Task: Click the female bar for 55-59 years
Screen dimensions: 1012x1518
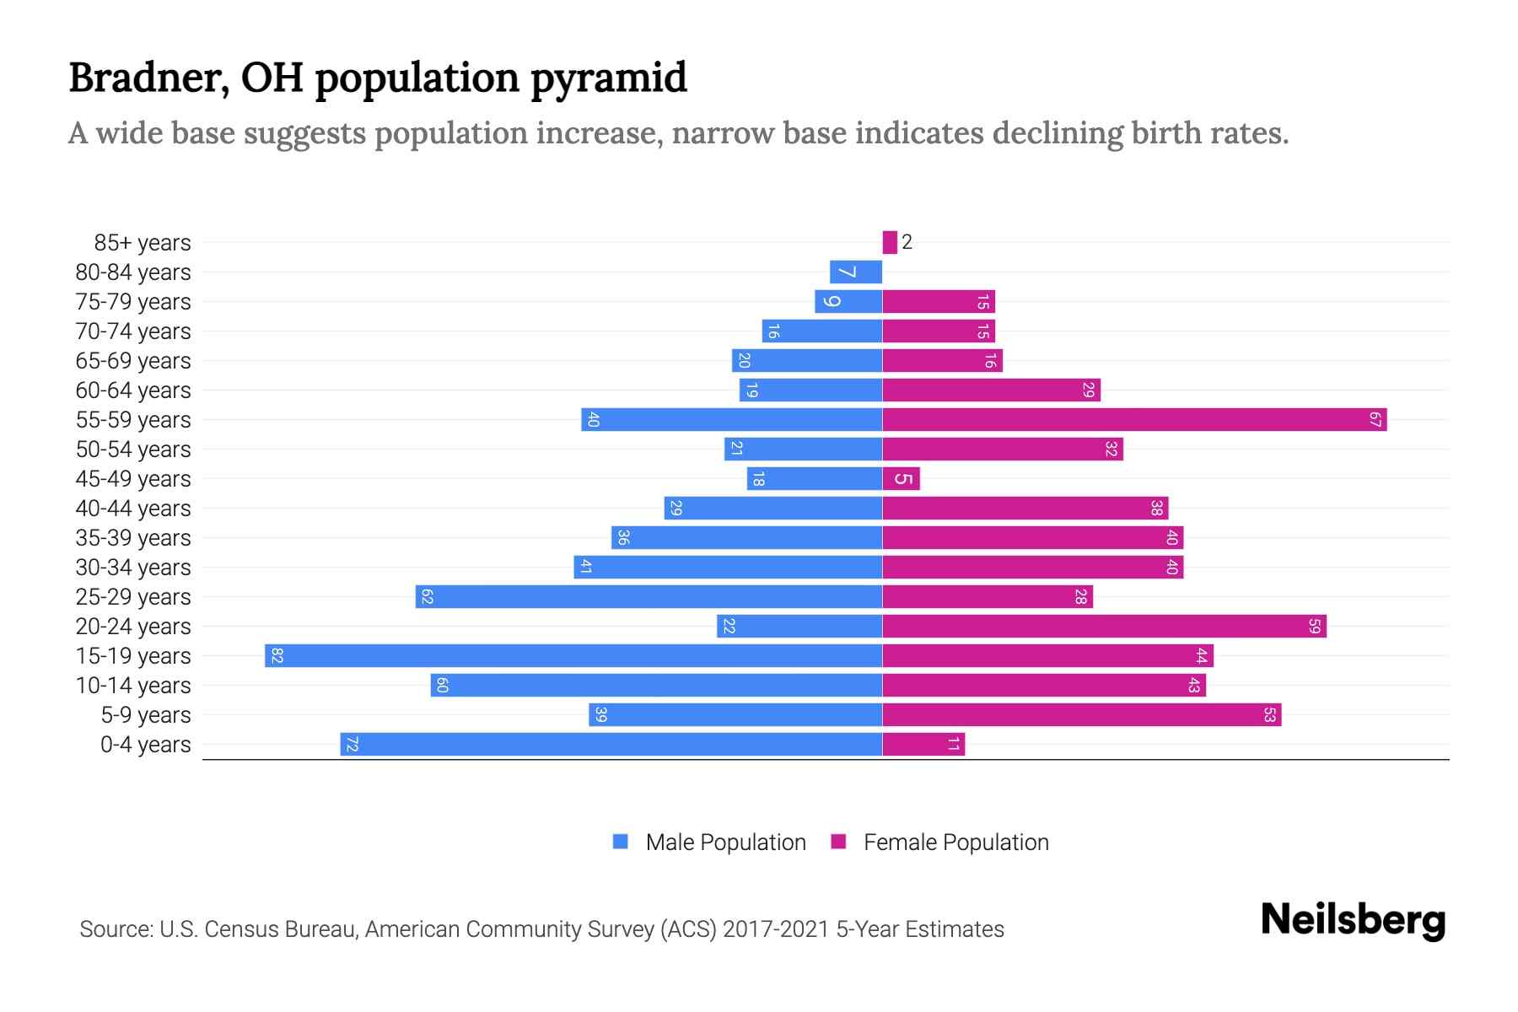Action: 1134,420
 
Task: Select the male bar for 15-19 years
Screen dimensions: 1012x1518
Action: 573,656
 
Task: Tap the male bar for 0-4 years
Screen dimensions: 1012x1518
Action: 611,745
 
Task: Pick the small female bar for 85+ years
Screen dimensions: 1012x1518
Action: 890,243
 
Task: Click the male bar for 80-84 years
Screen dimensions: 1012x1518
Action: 856,272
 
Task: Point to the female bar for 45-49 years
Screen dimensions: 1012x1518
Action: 901,479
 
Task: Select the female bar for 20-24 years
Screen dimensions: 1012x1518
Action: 1104,627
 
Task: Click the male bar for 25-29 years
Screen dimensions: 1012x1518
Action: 649,597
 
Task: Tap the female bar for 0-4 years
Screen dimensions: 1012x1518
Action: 923,745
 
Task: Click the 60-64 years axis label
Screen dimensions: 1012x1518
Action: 133,390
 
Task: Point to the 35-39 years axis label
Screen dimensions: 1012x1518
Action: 133,538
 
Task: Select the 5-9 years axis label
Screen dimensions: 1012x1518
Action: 145,715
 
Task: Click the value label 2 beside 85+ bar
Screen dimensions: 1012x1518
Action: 907,243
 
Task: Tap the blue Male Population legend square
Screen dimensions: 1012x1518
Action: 621,842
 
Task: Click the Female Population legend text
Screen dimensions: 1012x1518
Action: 955,842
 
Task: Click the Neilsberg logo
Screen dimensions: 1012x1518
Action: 1353,920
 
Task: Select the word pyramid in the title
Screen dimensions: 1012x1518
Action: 609,78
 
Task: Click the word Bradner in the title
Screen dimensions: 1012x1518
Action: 148,78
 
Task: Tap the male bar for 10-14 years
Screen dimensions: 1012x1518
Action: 656,686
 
